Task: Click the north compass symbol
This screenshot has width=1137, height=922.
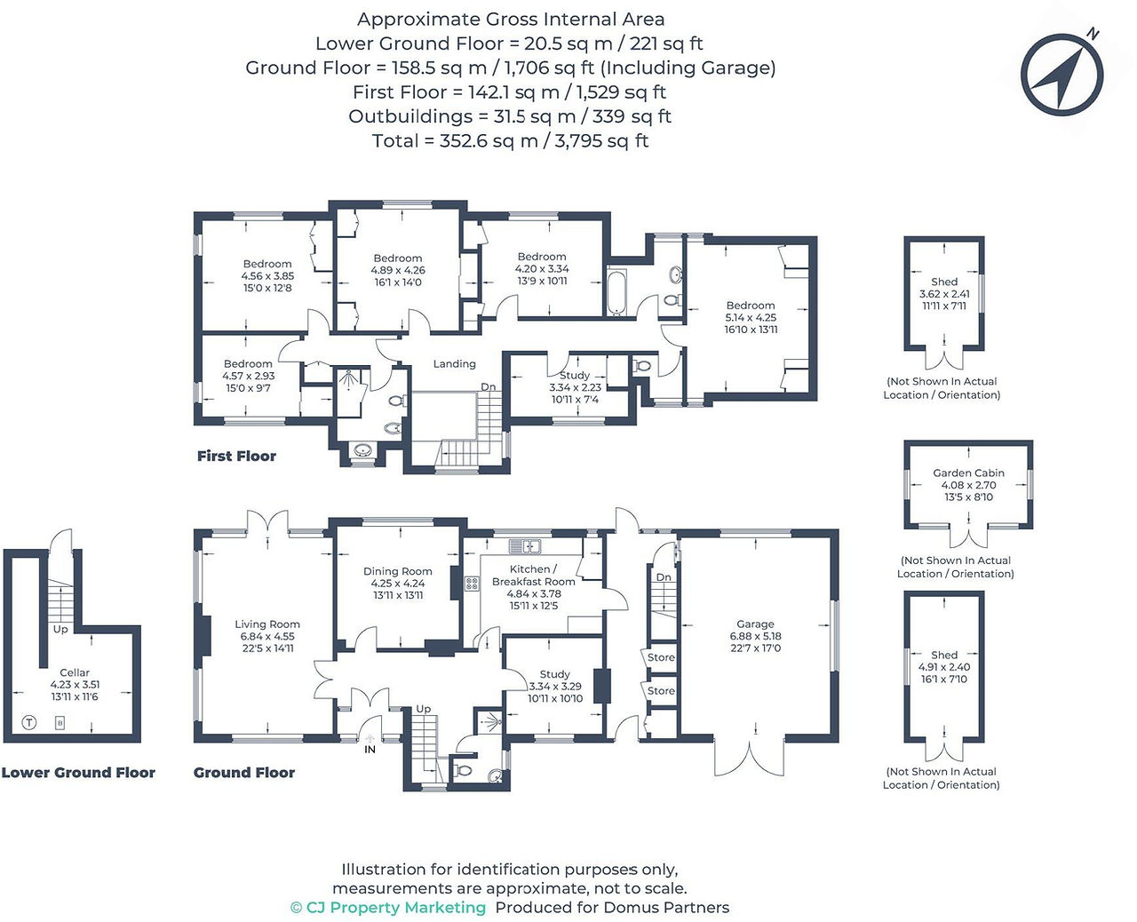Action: (1062, 74)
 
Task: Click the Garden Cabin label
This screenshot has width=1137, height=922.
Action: (968, 473)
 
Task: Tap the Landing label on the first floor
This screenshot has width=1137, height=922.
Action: (454, 364)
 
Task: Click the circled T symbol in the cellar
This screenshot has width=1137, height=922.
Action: (28, 723)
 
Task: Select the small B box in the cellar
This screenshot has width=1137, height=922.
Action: (60, 723)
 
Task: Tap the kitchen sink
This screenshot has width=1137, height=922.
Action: (525, 546)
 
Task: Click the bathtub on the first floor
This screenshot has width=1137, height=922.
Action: (616, 292)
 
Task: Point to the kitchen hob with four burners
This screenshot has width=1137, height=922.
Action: (472, 583)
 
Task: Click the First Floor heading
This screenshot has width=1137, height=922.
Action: (236, 456)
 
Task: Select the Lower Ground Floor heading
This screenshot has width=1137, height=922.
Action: (78, 773)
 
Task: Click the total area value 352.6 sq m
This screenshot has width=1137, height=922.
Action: (489, 141)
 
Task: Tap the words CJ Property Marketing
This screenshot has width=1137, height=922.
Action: (395, 908)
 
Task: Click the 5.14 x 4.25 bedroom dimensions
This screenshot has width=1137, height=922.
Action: (751, 318)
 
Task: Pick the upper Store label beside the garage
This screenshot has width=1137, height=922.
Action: (661, 657)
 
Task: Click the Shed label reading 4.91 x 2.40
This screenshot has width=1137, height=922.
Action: (944, 667)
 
